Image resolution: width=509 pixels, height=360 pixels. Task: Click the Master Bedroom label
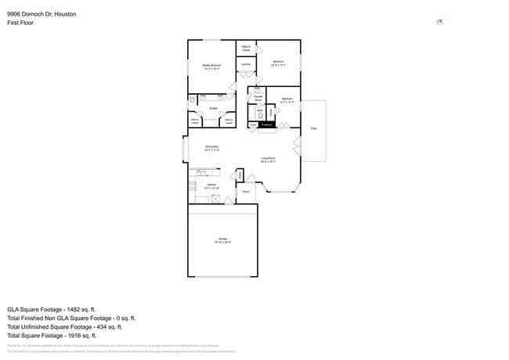[211, 65]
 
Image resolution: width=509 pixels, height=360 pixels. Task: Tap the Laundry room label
[246, 64]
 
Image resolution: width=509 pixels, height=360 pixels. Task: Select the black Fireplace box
[267, 124]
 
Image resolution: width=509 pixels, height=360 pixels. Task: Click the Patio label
[314, 128]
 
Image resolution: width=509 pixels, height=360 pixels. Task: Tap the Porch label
[246, 191]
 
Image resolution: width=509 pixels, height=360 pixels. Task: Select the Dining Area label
[211, 147]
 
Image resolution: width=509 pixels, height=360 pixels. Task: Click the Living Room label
[268, 159]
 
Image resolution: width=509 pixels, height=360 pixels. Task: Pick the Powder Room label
[258, 99]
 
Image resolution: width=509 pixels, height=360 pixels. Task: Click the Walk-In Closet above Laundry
[246, 49]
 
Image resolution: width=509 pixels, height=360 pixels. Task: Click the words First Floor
[20, 23]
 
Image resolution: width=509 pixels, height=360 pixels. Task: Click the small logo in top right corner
[439, 22]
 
